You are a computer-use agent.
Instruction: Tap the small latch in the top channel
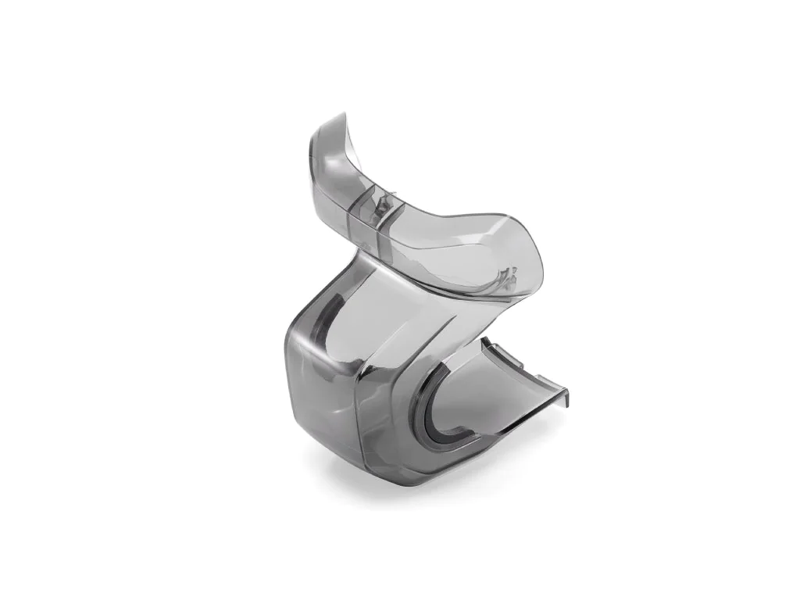381,205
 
